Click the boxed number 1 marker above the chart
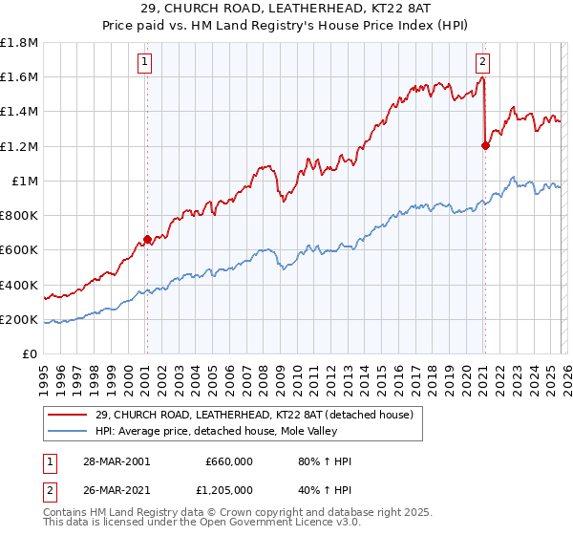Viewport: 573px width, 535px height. pos(145,63)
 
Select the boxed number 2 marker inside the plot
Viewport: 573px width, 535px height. pos(482,63)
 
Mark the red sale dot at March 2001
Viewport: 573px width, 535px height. pos(147,239)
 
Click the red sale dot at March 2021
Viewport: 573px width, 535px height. pos(484,145)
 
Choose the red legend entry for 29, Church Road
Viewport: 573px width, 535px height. pos(253,415)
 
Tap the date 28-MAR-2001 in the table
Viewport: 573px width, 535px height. pos(116,461)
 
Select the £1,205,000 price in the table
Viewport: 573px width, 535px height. pos(228,490)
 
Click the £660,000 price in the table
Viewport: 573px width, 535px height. pos(228,461)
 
